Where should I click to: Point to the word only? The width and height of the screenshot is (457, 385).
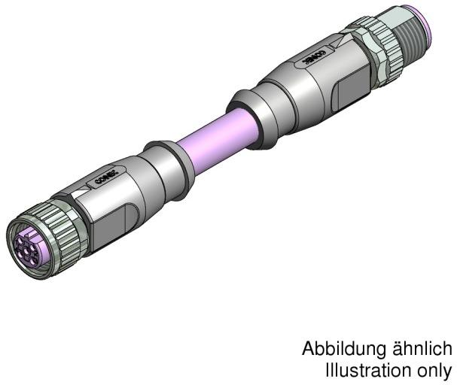[x=434, y=370]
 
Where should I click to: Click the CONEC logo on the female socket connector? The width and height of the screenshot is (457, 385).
[x=104, y=179]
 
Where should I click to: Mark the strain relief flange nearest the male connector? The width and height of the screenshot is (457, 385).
[x=245, y=113]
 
